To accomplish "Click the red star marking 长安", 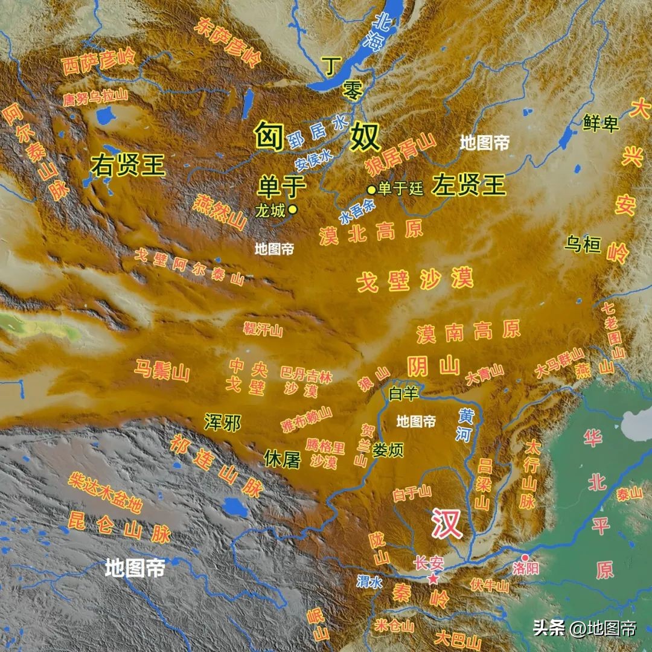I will pyautogui.click(x=433, y=579).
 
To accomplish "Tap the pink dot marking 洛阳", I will pyautogui.click(x=525, y=557).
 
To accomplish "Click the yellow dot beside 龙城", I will pyautogui.click(x=293, y=209).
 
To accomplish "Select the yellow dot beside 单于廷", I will pyautogui.click(x=371, y=190).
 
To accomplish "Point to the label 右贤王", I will pyautogui.click(x=128, y=165).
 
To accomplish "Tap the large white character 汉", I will pyautogui.click(x=446, y=523).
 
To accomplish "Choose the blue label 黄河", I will pyautogui.click(x=466, y=424).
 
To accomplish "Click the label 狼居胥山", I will pyautogui.click(x=400, y=152).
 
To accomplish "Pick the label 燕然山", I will pyautogui.click(x=220, y=213).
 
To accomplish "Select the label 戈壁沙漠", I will pyautogui.click(x=415, y=280).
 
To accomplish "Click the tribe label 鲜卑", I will pyautogui.click(x=601, y=123).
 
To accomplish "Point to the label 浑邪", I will pyautogui.click(x=222, y=423).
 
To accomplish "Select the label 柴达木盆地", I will pyautogui.click(x=106, y=493).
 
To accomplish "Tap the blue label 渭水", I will pyautogui.click(x=369, y=581).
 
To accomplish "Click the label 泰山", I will pyautogui.click(x=629, y=494).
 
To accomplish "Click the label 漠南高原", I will pyautogui.click(x=468, y=330).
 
